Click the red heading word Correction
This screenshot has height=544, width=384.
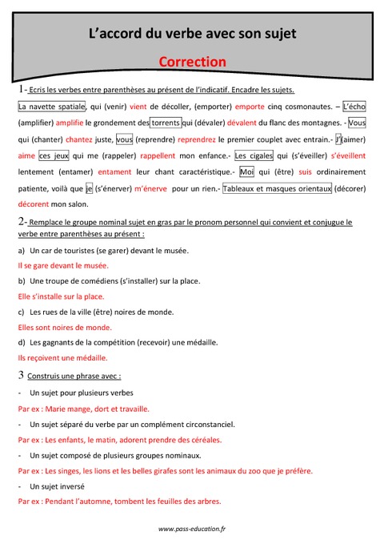(192, 61)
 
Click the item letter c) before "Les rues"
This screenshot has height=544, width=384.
(22, 311)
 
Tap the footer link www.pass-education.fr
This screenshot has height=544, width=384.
(192, 529)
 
